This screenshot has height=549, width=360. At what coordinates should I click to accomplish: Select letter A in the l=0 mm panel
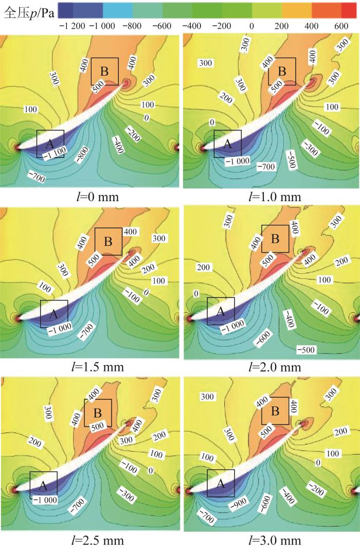point(50,141)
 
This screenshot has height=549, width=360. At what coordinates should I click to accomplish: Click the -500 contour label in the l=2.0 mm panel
point(307,350)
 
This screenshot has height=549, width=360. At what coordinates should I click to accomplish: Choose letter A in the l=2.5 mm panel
point(43,485)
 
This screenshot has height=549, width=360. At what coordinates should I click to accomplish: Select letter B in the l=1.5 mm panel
point(109,241)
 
